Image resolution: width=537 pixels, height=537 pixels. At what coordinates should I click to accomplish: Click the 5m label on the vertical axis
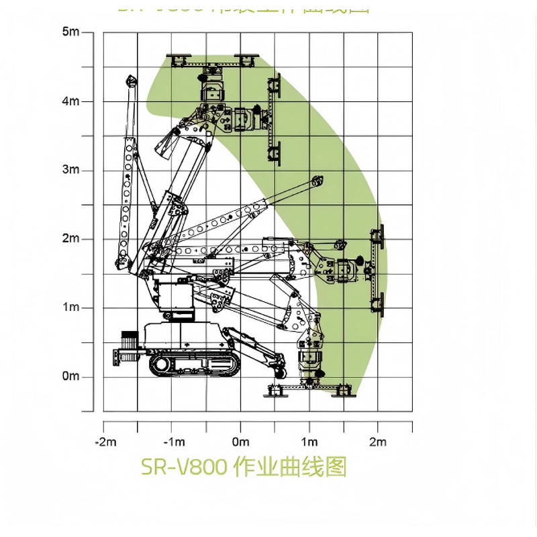[x=70, y=32]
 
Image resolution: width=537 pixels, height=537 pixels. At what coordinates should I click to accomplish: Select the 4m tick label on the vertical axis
[x=70, y=101]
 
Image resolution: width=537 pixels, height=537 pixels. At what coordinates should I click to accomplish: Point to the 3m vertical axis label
[x=70, y=170]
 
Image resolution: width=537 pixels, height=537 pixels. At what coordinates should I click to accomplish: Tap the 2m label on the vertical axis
[x=70, y=239]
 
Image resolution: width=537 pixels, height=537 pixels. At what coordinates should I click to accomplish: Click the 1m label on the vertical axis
[x=70, y=307]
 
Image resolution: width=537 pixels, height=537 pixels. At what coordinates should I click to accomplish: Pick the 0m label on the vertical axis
[x=70, y=376]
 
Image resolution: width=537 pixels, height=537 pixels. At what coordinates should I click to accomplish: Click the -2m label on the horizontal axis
[x=105, y=442]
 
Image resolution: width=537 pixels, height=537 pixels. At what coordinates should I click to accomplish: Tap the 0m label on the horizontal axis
[x=240, y=442]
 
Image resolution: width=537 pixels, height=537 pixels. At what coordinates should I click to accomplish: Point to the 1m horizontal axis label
[x=309, y=442]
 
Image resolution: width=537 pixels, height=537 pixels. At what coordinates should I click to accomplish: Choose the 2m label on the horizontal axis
[x=378, y=442]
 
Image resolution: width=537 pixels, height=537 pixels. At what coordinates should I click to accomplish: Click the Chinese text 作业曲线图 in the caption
[x=289, y=466]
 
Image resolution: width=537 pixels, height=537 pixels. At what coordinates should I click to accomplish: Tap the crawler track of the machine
[x=194, y=365]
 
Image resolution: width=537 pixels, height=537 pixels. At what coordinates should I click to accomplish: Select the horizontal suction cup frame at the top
[x=213, y=61]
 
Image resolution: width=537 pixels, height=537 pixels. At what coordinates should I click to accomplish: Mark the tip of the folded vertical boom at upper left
[x=130, y=81]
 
